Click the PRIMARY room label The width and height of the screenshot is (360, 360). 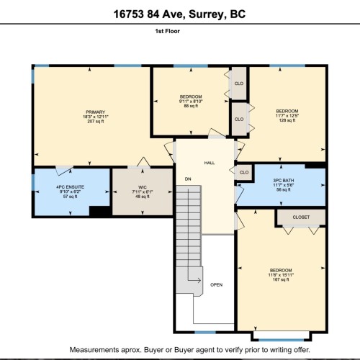96,112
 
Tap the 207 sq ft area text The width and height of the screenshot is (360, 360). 96,122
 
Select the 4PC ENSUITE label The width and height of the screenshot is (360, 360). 70,187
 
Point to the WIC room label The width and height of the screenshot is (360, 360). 143,187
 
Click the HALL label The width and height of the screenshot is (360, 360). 210,163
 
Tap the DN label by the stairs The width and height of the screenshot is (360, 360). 188,179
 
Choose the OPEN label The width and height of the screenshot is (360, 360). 216,285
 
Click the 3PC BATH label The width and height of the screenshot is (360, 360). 284,181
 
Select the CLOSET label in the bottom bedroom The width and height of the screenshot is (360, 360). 301,217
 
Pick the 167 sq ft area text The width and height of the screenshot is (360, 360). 281,279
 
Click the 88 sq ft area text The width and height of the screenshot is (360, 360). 191,106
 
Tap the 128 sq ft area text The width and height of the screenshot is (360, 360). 287,120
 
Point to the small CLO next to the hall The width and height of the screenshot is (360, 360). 244,173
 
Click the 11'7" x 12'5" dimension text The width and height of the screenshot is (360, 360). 287,116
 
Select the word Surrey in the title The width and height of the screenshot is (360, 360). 206,14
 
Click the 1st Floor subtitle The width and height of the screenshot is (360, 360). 167,31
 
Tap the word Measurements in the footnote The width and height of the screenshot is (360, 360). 94,350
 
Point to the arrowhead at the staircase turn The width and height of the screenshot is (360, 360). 199,280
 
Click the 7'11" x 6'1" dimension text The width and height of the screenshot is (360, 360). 143,192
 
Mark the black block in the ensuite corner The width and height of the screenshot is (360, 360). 100,211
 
